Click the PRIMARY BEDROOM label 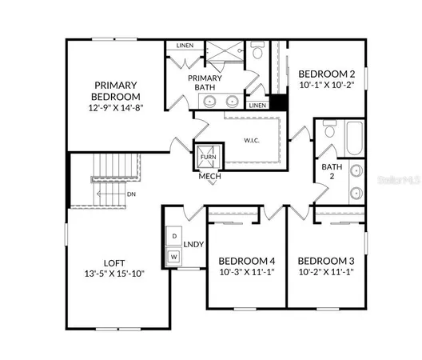tap(116, 90)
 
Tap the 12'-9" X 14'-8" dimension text tap(116, 107)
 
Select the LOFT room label tap(113, 262)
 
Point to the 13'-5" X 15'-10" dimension tap(113, 274)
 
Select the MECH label tap(209, 176)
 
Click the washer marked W tap(174, 257)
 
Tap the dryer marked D tap(174, 236)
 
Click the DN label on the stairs tap(132, 193)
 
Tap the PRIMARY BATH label tap(204, 82)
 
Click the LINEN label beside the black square tap(257, 106)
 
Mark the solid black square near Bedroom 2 tap(278, 103)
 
